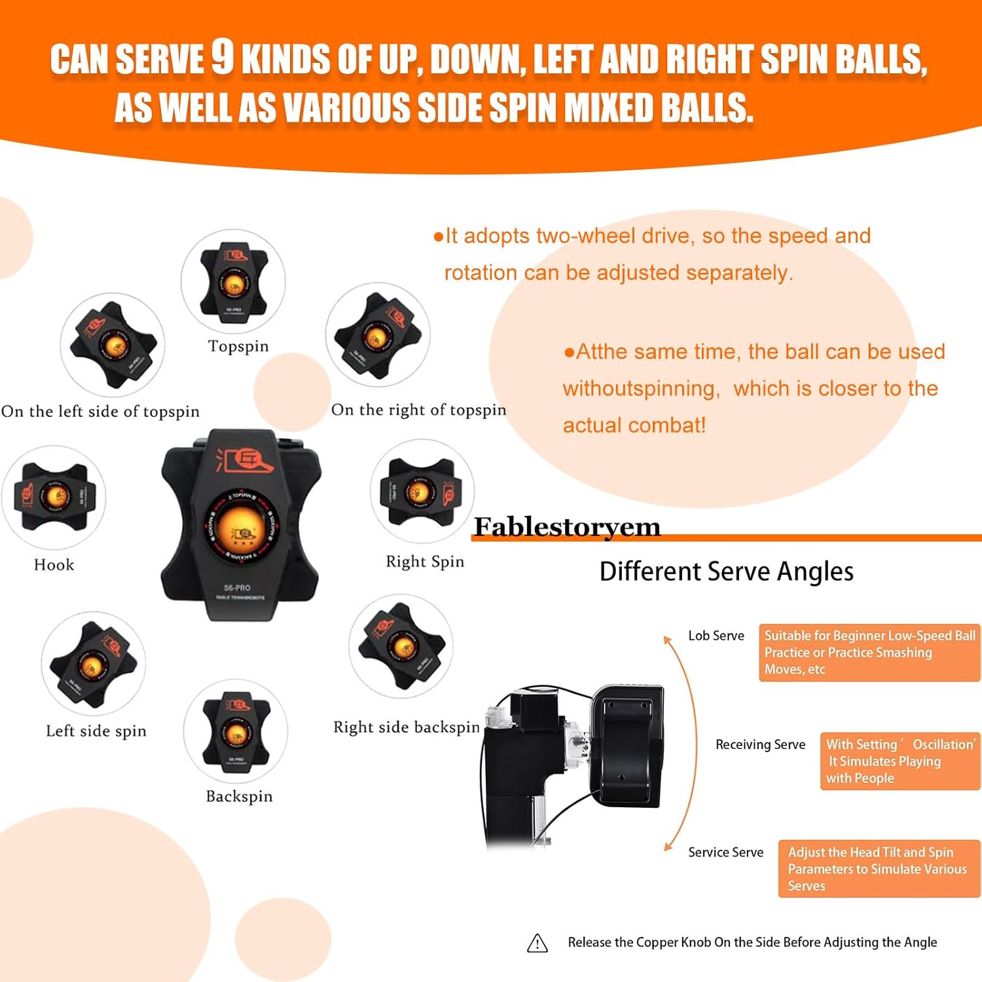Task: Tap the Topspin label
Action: click(x=238, y=346)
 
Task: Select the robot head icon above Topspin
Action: click(x=234, y=281)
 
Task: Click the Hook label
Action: click(x=54, y=565)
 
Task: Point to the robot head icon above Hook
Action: click(x=54, y=497)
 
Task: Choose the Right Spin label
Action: click(x=425, y=562)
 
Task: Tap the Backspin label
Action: click(x=239, y=796)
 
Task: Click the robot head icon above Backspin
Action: click(x=236, y=731)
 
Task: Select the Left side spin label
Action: click(x=96, y=731)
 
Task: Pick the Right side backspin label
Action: click(x=407, y=727)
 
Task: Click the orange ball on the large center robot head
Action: click(x=240, y=529)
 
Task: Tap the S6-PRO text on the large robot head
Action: click(x=237, y=587)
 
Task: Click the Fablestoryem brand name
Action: click(x=567, y=527)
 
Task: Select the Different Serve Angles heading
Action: click(x=726, y=572)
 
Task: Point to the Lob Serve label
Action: click(x=716, y=636)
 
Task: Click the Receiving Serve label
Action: click(x=760, y=744)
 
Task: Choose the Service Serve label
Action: click(x=725, y=852)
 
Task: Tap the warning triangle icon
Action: click(x=537, y=943)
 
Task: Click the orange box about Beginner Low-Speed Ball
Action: click(x=869, y=653)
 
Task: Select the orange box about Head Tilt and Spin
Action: click(x=879, y=869)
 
